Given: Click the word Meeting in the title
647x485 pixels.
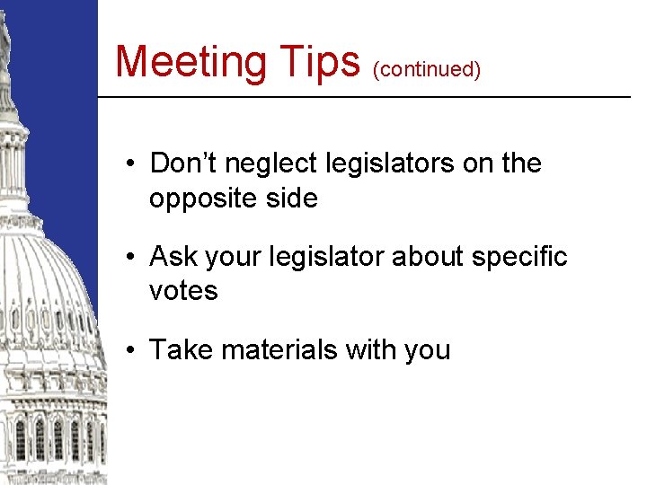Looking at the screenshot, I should click(191, 62).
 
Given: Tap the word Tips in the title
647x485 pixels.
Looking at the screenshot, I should click(319, 62).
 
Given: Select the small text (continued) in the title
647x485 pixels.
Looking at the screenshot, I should click(427, 69).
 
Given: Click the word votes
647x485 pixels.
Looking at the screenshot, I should click(183, 290).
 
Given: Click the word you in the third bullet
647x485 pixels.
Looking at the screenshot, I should click(427, 350).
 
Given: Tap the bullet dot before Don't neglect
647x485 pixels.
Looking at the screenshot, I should click(131, 164).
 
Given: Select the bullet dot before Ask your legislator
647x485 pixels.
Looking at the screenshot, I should click(131, 258).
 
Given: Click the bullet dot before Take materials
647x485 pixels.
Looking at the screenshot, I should click(131, 349).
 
